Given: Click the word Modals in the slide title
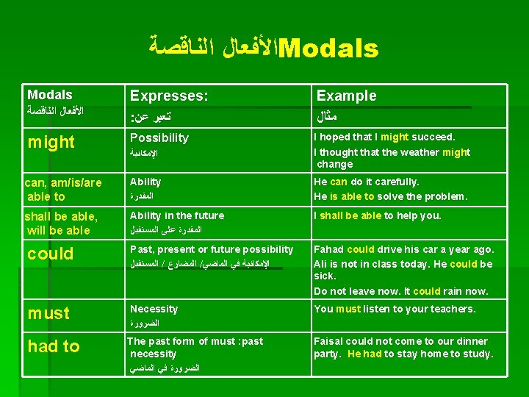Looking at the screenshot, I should click(329, 49).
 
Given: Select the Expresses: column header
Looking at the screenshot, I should click(169, 96).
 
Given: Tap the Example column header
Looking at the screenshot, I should click(346, 96).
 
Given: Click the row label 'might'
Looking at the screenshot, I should click(51, 143).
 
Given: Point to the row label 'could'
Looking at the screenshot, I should click(51, 254).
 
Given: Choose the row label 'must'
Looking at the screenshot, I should click(48, 313).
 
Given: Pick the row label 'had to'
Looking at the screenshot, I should click(54, 346).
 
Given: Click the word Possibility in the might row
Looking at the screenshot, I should click(159, 138).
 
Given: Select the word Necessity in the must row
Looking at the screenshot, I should click(154, 310).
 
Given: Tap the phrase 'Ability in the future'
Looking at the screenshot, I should click(177, 215).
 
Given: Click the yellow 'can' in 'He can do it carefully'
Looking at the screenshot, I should click(339, 182).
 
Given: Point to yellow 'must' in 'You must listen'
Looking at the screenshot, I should click(348, 309).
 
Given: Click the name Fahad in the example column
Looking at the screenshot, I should click(329, 249).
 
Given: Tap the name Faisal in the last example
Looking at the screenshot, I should click(330, 341).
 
